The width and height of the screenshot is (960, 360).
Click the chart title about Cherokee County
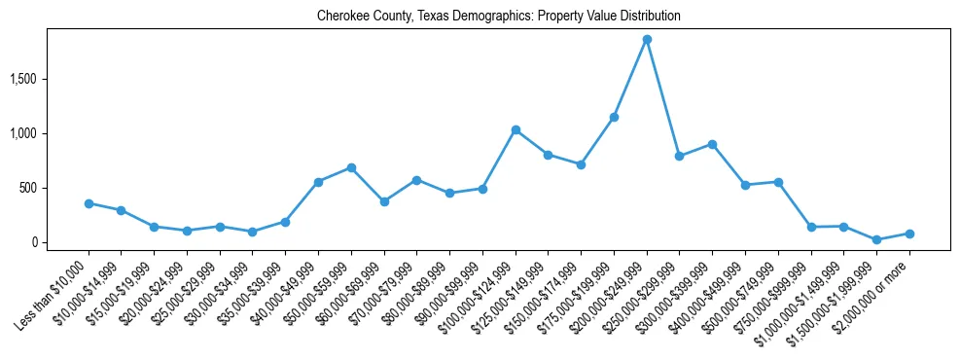(498, 17)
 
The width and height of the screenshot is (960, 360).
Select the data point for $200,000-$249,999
(647, 40)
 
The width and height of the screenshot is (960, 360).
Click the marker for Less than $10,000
(89, 203)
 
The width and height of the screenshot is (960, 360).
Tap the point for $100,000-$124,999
(516, 130)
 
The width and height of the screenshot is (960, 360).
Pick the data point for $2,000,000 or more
(909, 234)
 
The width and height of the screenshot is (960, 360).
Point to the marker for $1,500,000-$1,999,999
(876, 239)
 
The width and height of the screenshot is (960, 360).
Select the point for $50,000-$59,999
(351, 167)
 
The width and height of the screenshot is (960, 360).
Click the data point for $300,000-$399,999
(712, 144)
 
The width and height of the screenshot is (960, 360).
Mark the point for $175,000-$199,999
(614, 117)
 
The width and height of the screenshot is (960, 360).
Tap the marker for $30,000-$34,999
(252, 232)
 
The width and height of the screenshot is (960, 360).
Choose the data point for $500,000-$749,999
(778, 182)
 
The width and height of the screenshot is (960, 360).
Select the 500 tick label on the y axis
(53, 188)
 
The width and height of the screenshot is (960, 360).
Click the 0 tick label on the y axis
(59, 242)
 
